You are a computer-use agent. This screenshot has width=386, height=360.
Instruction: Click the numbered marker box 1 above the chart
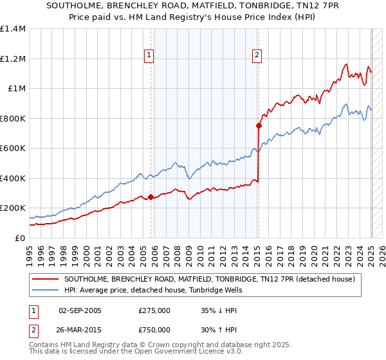pos(149,56)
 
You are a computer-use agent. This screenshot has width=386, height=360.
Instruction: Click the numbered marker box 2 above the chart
pos(257,56)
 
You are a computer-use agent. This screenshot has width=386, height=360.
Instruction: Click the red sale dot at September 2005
pos(151,197)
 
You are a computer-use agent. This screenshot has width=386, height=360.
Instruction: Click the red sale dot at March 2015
pos(259,126)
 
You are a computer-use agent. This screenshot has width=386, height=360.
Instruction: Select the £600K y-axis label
pos(12,148)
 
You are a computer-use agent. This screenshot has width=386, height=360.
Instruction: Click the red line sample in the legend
pos(44,279)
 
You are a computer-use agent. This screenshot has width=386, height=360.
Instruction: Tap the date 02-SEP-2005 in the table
pos(80,310)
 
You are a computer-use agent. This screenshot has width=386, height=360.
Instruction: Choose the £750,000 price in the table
pos(154,331)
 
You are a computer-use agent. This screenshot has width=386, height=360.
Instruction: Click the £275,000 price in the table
pos(154,310)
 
